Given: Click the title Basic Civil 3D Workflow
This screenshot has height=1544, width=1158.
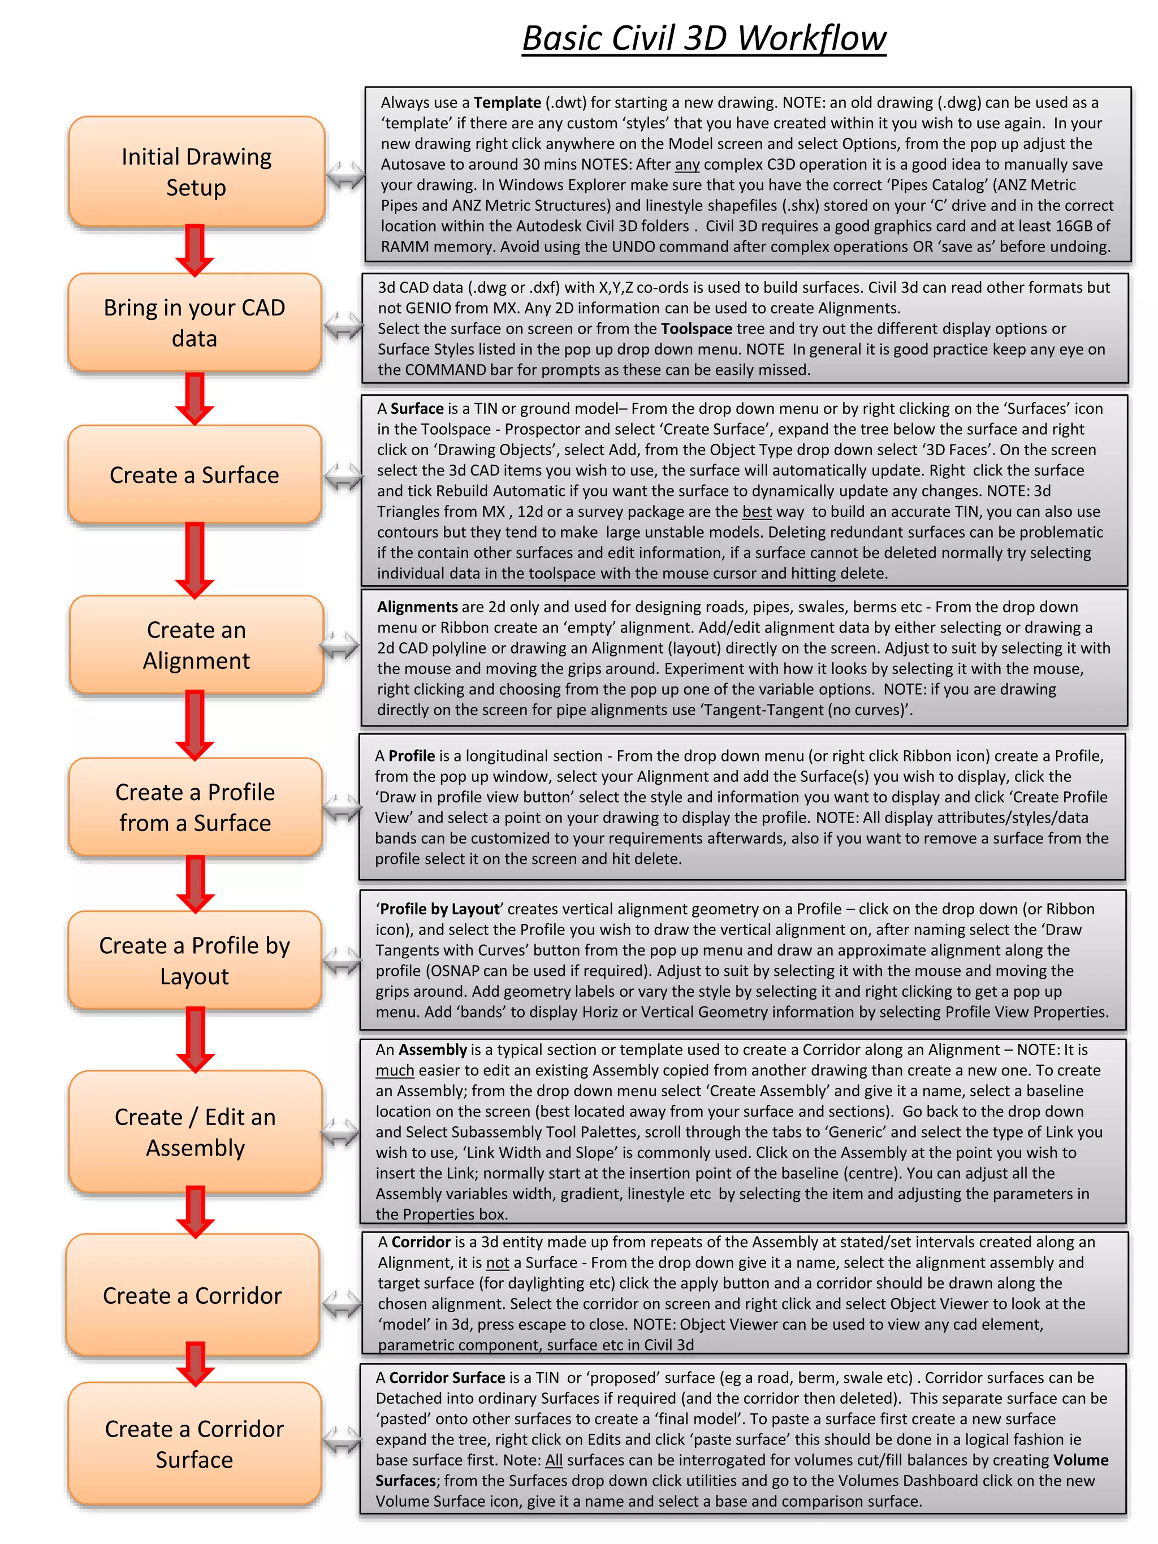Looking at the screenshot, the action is point(703,38).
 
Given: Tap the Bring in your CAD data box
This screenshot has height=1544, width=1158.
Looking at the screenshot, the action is point(195,322).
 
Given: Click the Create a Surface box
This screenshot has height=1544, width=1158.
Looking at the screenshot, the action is point(195,475).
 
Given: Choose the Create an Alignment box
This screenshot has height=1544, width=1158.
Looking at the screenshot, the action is point(196,645).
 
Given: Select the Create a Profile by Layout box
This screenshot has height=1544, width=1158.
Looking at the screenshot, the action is point(195,961).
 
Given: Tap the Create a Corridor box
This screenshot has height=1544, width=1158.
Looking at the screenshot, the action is point(193,1295).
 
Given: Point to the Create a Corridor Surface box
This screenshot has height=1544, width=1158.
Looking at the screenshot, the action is point(195,1443).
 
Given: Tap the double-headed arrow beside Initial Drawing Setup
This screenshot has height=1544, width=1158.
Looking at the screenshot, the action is point(345,175).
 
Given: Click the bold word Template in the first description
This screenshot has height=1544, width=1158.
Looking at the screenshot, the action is point(507,102).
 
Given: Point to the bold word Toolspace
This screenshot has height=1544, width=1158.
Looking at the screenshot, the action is point(696,329).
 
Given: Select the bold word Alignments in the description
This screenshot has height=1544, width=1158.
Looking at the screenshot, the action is point(417,607).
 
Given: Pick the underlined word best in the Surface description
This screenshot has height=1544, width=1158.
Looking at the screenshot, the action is point(757,512).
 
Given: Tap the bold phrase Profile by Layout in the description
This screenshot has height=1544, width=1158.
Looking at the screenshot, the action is point(440,909).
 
